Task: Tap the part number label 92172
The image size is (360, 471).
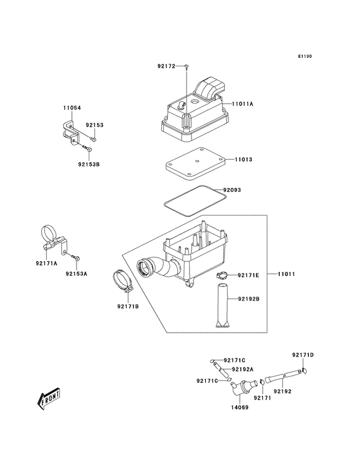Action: pos(166,66)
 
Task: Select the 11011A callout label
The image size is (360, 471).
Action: pos(242,103)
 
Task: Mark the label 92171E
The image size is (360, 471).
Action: pos(248,275)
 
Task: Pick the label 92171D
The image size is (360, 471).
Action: pos(302,355)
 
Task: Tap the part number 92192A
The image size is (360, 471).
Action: pos(242,369)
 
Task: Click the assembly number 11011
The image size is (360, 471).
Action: pos(287,275)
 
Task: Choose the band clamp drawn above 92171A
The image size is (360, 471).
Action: pos(51,235)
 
